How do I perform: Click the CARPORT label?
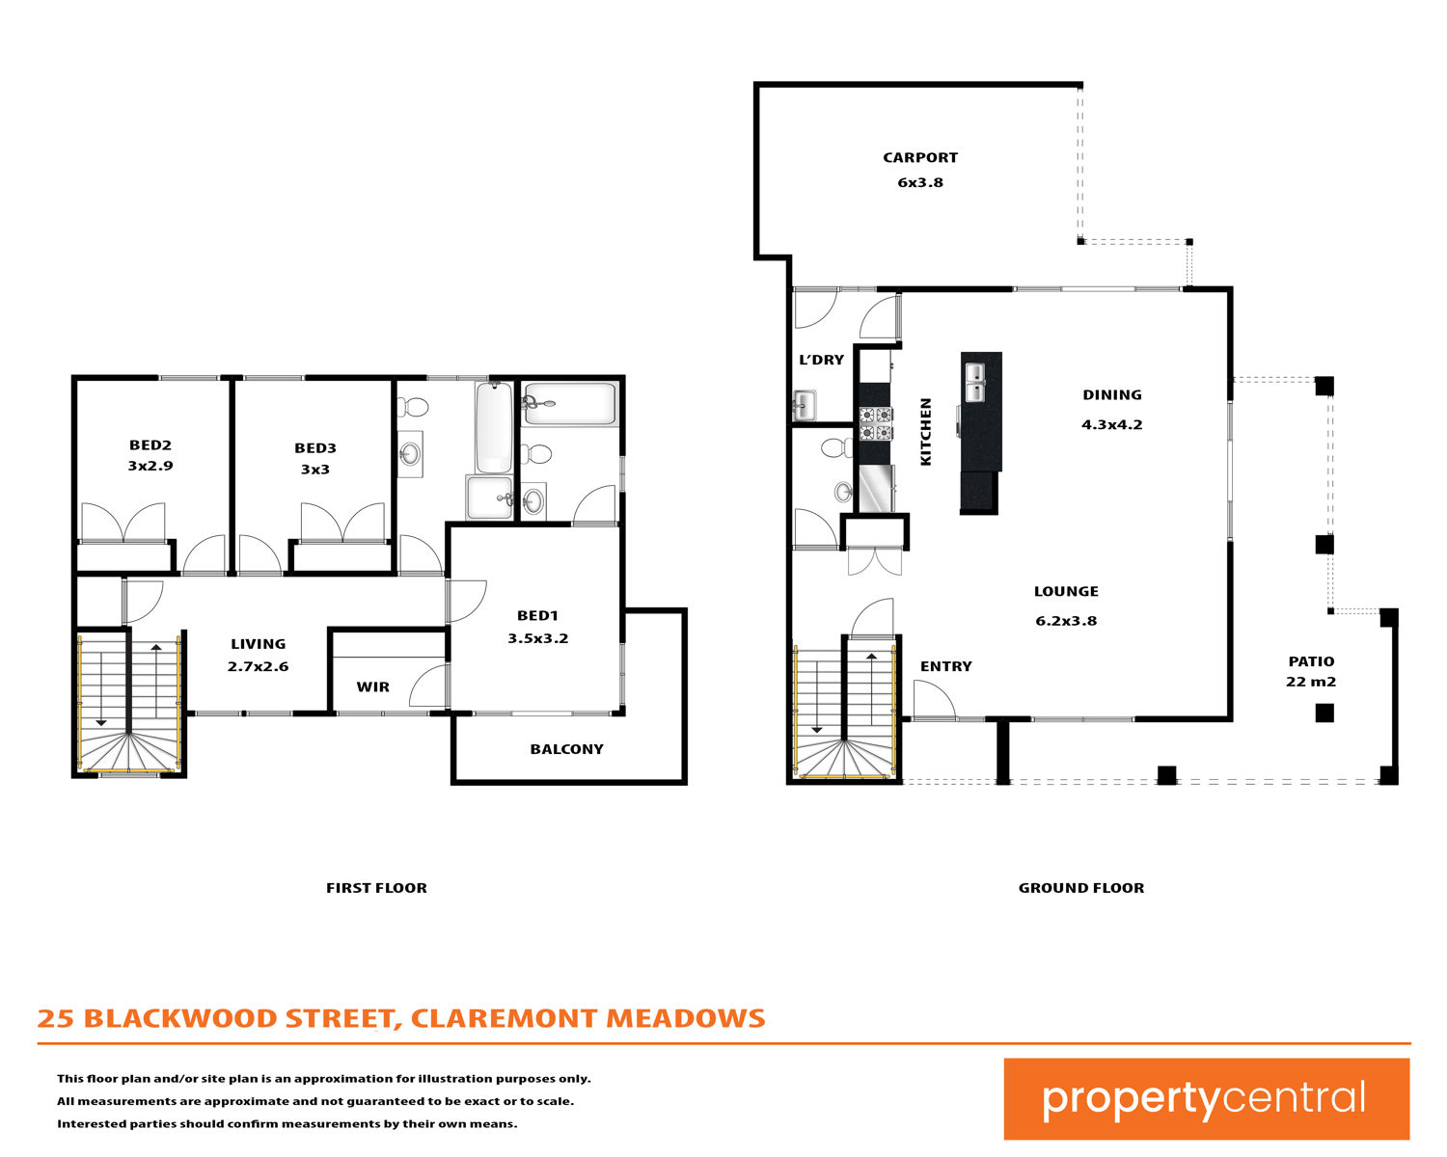click(920, 157)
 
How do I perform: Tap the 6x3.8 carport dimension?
click(920, 182)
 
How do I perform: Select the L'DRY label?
click(821, 360)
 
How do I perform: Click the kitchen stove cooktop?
click(876, 423)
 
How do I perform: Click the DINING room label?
click(1111, 394)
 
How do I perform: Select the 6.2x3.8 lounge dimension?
click(1066, 621)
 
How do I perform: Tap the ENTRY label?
click(945, 666)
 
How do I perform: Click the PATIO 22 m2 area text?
click(1311, 671)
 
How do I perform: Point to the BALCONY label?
click(566, 749)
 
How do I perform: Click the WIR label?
click(372, 686)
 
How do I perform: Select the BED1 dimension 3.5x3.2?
click(537, 638)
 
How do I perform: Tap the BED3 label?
click(314, 447)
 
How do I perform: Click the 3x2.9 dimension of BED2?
click(150, 466)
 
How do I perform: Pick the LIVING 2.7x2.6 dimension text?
click(258, 666)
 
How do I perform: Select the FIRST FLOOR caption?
click(376, 888)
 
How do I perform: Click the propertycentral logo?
click(1206, 1098)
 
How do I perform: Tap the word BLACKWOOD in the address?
click(180, 1018)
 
